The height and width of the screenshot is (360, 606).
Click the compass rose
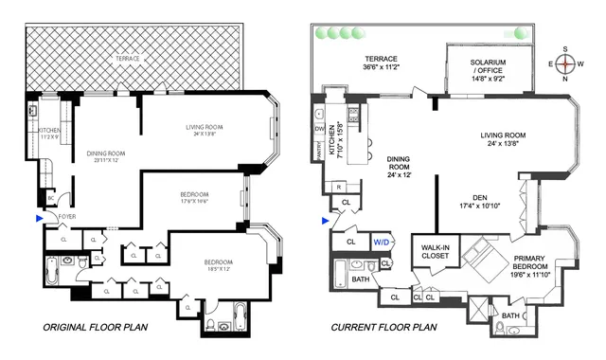click(565, 65)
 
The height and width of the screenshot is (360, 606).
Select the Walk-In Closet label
click(435, 254)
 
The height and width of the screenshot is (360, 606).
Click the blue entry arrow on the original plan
click(37, 219)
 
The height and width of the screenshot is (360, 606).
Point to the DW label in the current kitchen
click(318, 128)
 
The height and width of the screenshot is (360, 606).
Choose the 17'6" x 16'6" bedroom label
click(201, 199)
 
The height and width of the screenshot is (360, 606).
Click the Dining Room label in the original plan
click(110, 156)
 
